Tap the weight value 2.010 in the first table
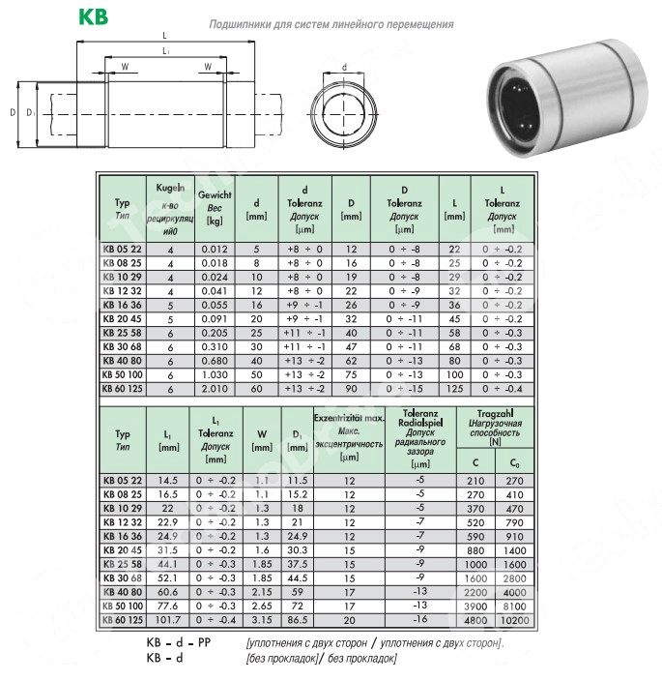pyautogui.click(x=216, y=389)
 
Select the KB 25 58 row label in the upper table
pyautogui.click(x=123, y=332)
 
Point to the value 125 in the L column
pyautogui.click(x=454, y=389)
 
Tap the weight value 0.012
pyautogui.click(x=216, y=249)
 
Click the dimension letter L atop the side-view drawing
pyautogui.click(x=165, y=37)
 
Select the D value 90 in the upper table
pyautogui.click(x=351, y=389)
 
